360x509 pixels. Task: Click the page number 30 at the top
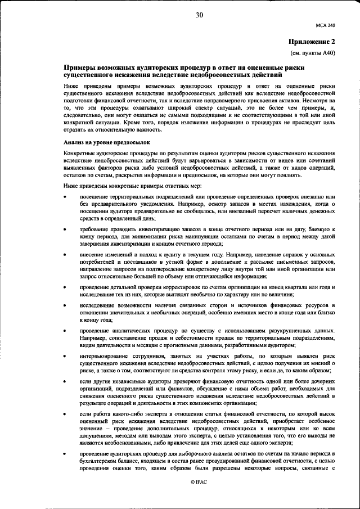199,15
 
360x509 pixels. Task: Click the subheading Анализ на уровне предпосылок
107,143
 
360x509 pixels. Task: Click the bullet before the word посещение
66,196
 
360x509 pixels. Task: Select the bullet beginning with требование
66,231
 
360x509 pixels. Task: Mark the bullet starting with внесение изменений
66,255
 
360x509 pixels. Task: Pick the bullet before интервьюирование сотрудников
66,357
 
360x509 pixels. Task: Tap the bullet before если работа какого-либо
66,415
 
